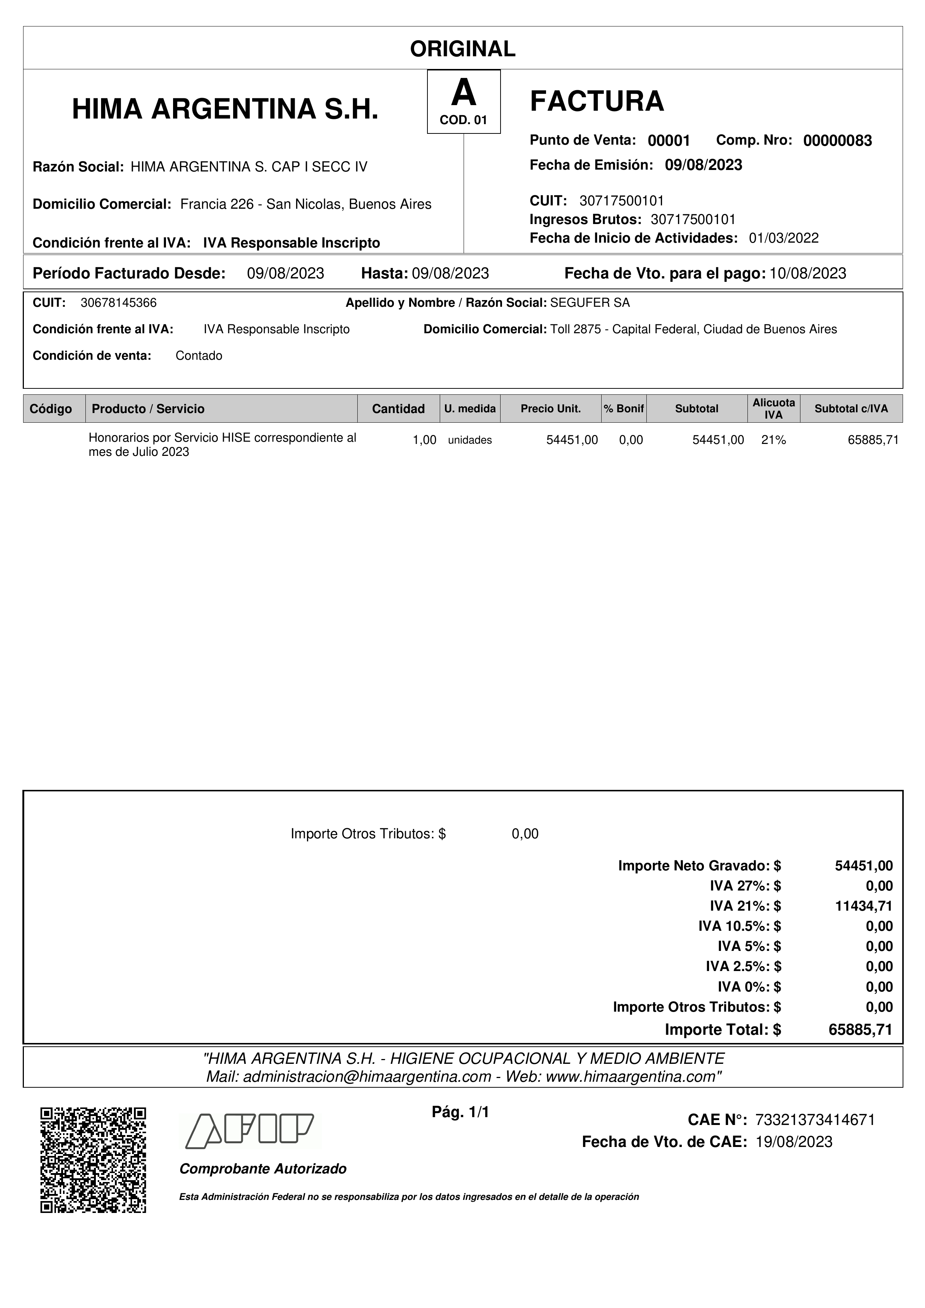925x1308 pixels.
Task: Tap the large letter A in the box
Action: point(463,94)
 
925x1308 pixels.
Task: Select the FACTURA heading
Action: point(597,101)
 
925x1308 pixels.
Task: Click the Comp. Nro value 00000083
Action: point(837,141)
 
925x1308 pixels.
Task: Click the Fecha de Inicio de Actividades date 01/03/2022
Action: point(784,238)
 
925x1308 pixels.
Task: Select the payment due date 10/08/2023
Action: point(808,274)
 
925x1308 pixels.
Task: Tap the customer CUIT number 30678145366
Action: point(119,303)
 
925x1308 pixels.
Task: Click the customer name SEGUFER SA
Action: point(590,303)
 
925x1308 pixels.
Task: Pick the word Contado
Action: point(199,356)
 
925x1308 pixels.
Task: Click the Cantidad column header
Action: point(398,409)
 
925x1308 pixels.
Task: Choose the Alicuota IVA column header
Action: point(774,409)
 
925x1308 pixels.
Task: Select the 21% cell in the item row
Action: point(774,440)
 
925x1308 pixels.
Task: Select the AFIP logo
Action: point(250,1130)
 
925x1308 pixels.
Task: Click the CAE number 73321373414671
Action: point(815,1120)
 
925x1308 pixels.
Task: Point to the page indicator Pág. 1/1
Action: point(461,1112)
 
